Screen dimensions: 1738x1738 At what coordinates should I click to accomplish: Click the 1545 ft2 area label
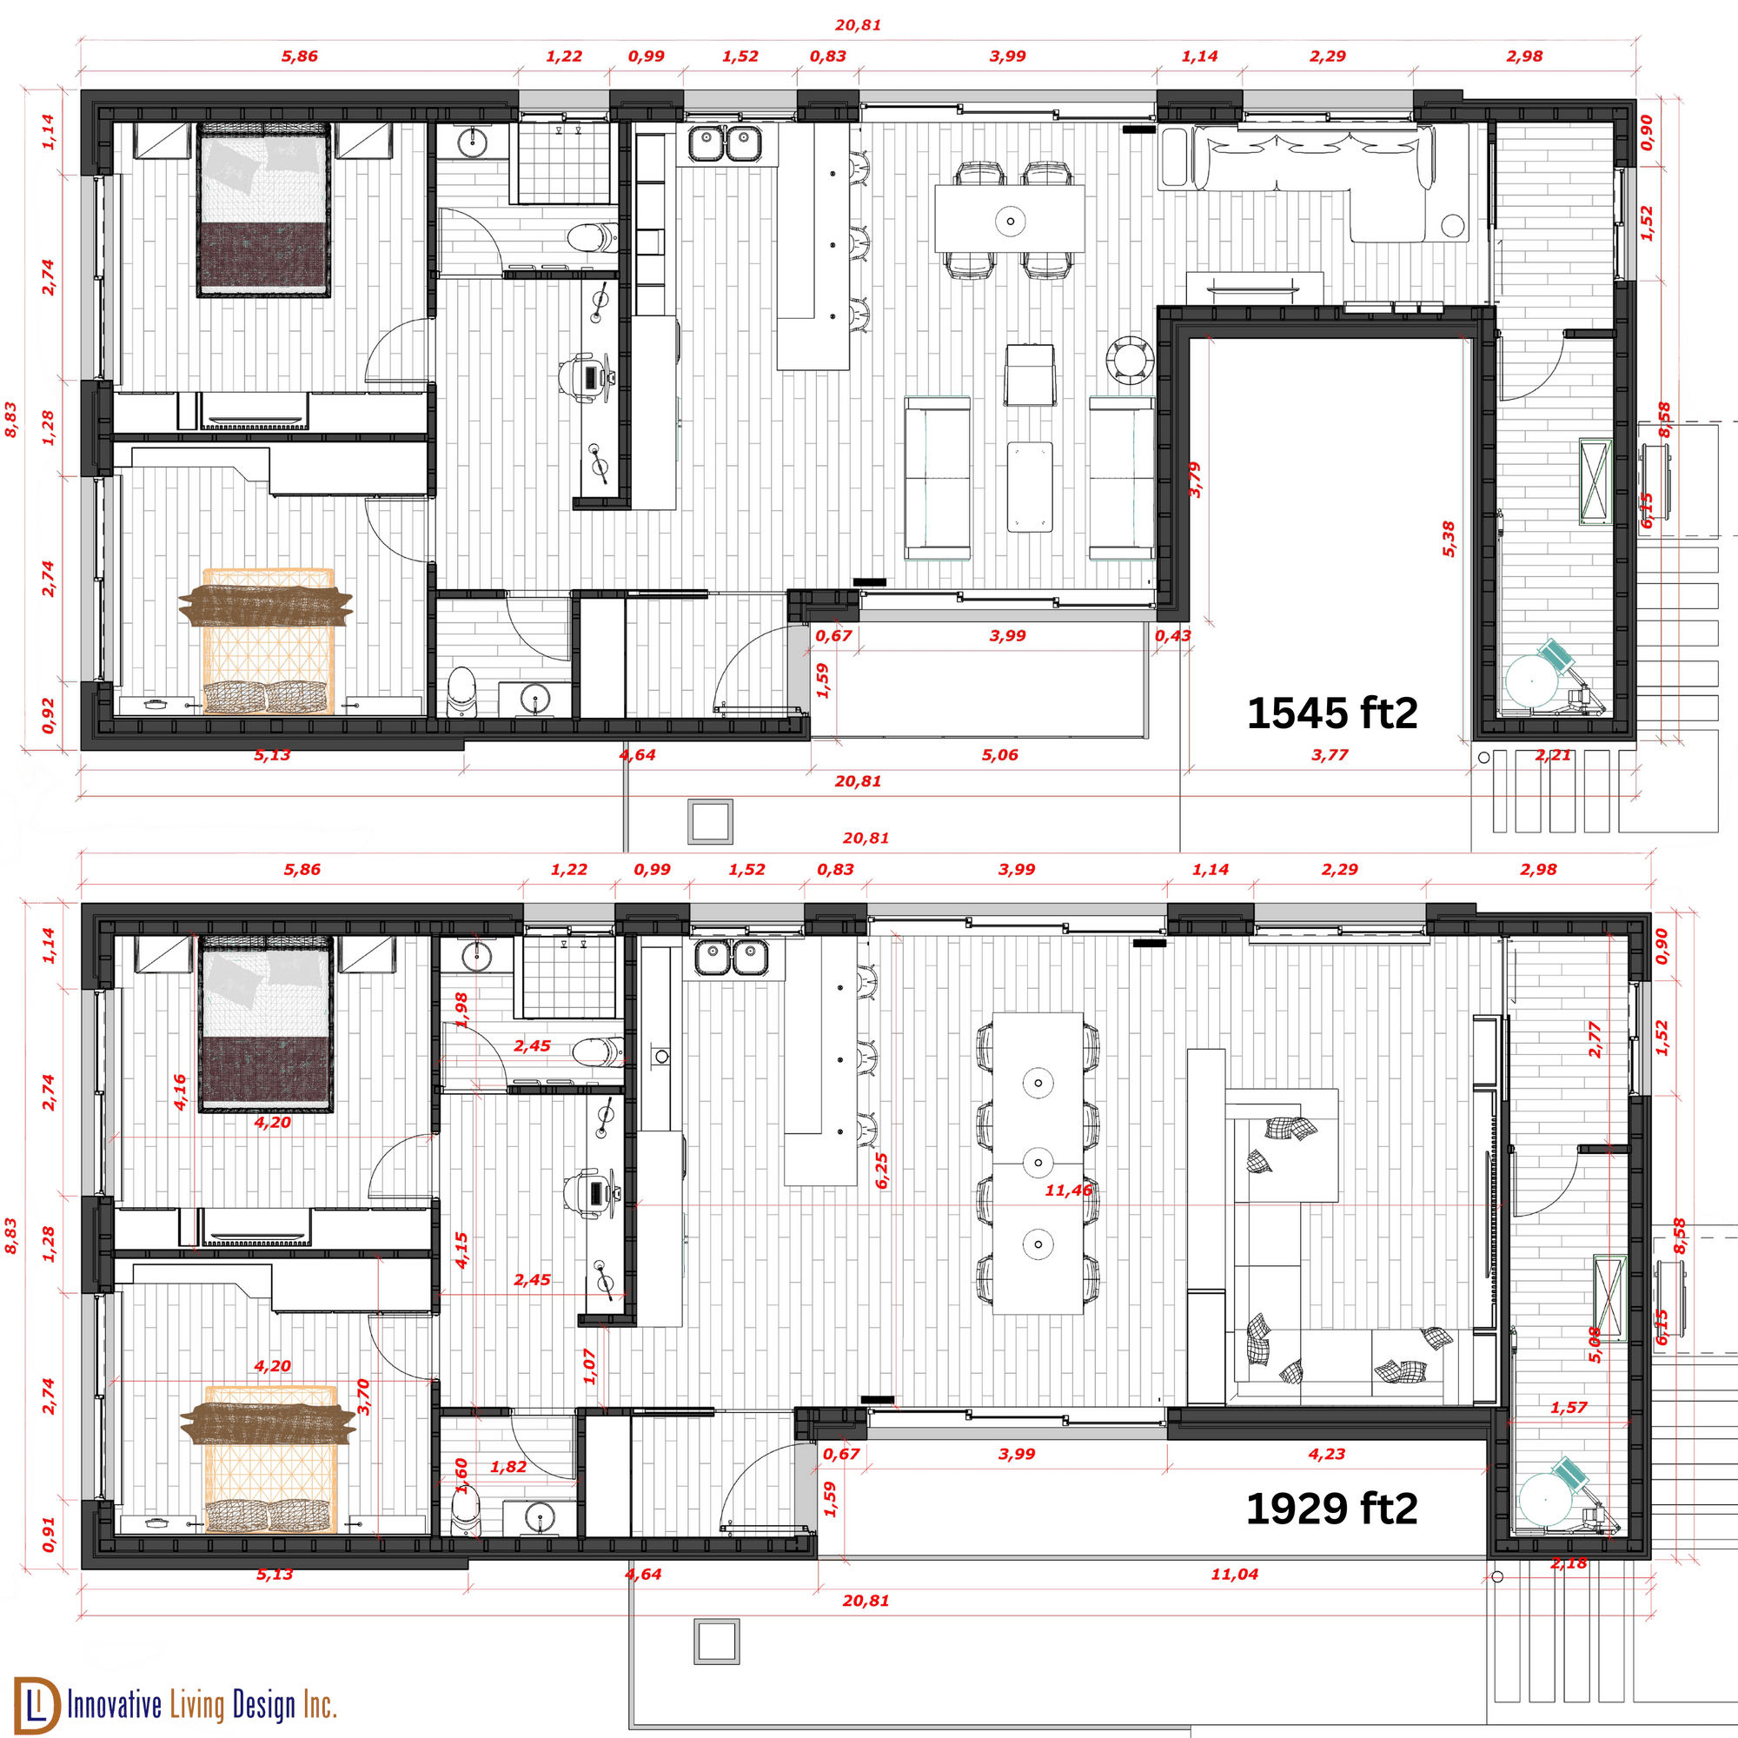click(x=1331, y=713)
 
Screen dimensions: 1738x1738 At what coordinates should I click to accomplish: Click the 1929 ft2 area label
click(x=1331, y=1509)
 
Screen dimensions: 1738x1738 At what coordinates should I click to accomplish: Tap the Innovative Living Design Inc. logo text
click(x=202, y=1705)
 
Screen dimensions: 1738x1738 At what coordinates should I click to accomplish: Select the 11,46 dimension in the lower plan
click(x=1068, y=1191)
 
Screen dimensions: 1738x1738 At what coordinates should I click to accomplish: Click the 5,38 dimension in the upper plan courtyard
click(x=1449, y=539)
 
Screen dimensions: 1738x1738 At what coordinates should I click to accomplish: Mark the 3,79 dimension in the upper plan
click(x=1195, y=480)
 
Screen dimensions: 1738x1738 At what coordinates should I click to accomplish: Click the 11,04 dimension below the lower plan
click(x=1234, y=1575)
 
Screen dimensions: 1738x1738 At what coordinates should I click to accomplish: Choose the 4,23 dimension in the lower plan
click(x=1326, y=1454)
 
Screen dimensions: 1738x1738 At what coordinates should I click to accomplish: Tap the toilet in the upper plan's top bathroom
click(x=592, y=237)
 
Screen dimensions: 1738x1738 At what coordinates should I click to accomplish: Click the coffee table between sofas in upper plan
click(x=1030, y=486)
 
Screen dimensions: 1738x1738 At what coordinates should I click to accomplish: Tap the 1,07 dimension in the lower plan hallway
click(x=590, y=1366)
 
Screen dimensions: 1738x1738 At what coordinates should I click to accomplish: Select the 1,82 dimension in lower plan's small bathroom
click(x=508, y=1466)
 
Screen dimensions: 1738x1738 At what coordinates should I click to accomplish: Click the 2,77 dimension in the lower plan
click(x=1595, y=1038)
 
